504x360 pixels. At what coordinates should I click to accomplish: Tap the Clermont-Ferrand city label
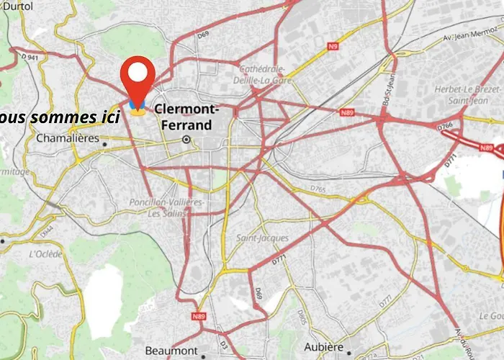coord(184,117)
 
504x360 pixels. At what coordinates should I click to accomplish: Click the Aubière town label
coord(324,347)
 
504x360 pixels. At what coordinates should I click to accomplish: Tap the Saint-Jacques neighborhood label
coord(262,238)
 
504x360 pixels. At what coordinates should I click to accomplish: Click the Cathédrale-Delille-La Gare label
coord(262,75)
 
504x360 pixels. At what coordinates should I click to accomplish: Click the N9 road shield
coord(333,48)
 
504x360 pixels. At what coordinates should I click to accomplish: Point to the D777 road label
coord(386,299)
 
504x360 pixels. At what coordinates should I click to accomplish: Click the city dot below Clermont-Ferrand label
coord(186,139)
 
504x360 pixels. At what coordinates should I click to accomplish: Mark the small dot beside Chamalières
coord(104,144)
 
